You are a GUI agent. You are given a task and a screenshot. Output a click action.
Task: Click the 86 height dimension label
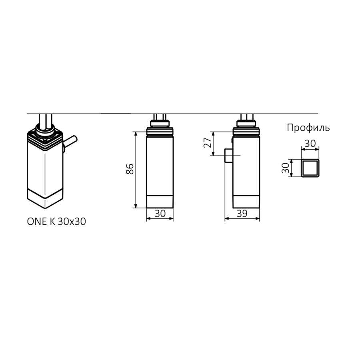130,169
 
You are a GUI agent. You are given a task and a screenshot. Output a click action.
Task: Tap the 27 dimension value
208,143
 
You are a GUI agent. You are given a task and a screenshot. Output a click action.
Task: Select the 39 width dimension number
242,214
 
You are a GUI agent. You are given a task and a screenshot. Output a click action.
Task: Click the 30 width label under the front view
160,214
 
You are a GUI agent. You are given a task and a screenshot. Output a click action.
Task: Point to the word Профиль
308,128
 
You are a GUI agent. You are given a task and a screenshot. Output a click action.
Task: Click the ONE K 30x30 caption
56,222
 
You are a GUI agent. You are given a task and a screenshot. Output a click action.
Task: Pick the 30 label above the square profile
310,144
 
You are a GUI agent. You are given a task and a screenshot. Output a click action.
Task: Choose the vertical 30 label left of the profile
285,168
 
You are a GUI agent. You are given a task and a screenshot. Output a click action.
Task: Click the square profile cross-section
310,168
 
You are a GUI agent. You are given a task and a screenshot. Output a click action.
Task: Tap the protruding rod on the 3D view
70,143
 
